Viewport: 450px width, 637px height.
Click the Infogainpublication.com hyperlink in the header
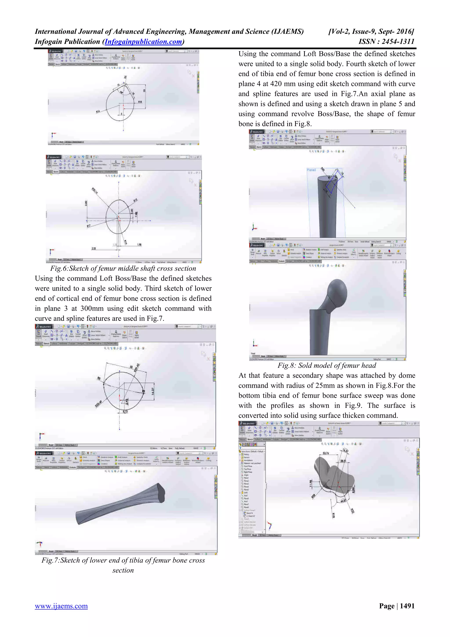pyautogui.click(x=143, y=42)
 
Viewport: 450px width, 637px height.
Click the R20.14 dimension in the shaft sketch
pyautogui.click(x=95, y=191)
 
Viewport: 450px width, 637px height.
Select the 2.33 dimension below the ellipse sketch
pyautogui.click(x=94, y=249)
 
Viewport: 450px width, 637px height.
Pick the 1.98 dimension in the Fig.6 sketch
pyautogui.click(x=139, y=245)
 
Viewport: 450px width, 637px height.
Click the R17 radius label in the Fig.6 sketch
pyautogui.click(x=89, y=226)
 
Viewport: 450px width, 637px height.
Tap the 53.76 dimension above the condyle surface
pyautogui.click(x=326, y=453)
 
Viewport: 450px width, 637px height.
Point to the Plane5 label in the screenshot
pyautogui.click(x=311, y=170)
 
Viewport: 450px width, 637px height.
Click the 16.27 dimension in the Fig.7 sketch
pyautogui.click(x=153, y=391)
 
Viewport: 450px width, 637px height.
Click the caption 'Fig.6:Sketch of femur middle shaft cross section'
pyautogui.click(x=123, y=268)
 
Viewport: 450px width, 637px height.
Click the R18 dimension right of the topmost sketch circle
pyautogui.click(x=140, y=102)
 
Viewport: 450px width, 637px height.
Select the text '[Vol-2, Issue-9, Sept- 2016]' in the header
pyautogui.click(x=371, y=32)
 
